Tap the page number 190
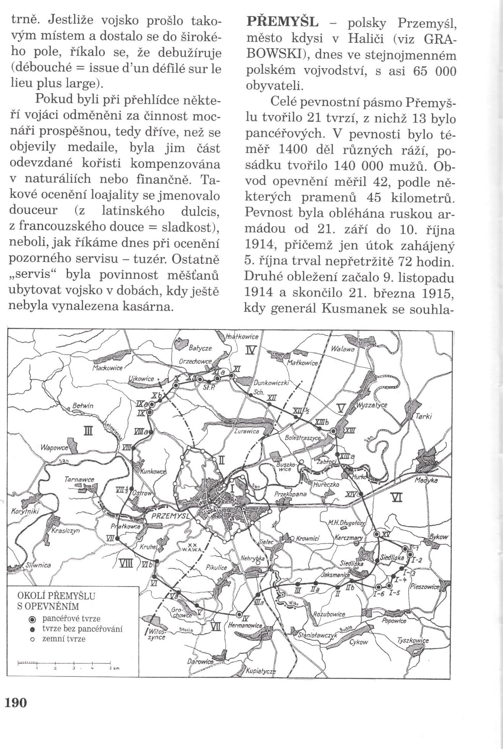point(16,702)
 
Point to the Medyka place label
point(426,482)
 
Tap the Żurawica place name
point(247,431)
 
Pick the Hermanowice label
point(245,626)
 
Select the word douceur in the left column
point(34,210)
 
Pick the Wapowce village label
point(53,447)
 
